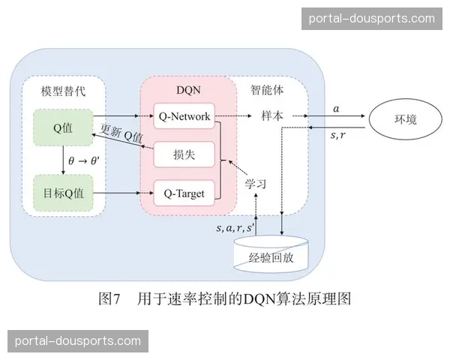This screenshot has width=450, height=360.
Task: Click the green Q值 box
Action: coord(62,127)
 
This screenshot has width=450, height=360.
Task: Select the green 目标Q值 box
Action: coord(62,193)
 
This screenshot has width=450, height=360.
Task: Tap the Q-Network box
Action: coord(184,116)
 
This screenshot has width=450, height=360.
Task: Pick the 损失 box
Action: coord(184,155)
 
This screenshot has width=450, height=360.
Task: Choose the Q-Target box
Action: coord(184,193)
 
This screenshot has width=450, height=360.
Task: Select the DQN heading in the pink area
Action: coord(188,90)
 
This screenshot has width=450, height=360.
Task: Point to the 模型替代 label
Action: coord(64,91)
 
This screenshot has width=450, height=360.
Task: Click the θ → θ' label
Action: coord(84,160)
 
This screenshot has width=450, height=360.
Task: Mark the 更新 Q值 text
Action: coord(122,133)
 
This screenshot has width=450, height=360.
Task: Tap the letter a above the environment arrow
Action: coord(336,109)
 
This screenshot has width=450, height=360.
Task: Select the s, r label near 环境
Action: coord(337,135)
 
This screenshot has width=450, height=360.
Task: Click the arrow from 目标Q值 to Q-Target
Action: coord(120,193)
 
